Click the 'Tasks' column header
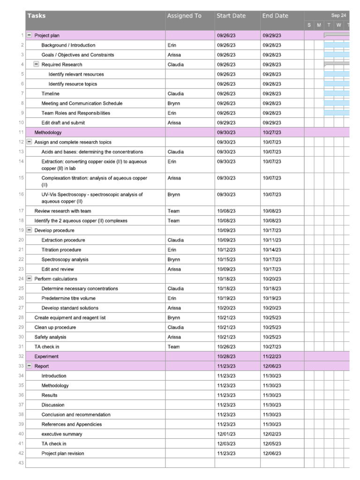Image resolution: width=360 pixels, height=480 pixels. click(37, 16)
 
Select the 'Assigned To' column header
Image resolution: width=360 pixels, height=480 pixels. click(184, 16)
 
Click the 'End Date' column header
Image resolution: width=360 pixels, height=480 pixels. click(275, 16)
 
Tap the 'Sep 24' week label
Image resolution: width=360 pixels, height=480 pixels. click(338, 15)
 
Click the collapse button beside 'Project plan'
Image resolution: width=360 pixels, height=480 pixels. click(30, 36)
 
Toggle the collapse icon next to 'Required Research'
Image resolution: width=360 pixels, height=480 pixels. click(36, 65)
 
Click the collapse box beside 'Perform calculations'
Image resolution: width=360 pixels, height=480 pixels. click(30, 279)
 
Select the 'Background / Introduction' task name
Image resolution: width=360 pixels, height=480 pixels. click(68, 45)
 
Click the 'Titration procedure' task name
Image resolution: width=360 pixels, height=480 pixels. click(61, 250)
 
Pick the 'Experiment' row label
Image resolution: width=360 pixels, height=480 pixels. click(46, 357)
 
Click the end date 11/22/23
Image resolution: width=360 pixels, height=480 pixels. click(272, 357)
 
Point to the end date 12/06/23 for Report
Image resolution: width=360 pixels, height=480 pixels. click(272, 366)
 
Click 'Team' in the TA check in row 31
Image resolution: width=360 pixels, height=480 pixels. click(173, 347)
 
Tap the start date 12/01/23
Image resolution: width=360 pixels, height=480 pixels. click(226, 434)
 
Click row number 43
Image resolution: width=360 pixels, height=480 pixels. click(21, 463)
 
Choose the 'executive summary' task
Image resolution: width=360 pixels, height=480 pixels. click(61, 434)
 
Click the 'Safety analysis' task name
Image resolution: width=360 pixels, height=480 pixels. click(50, 337)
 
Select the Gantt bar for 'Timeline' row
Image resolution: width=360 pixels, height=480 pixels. click(337, 94)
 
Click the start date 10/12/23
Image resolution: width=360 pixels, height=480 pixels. click(226, 250)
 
